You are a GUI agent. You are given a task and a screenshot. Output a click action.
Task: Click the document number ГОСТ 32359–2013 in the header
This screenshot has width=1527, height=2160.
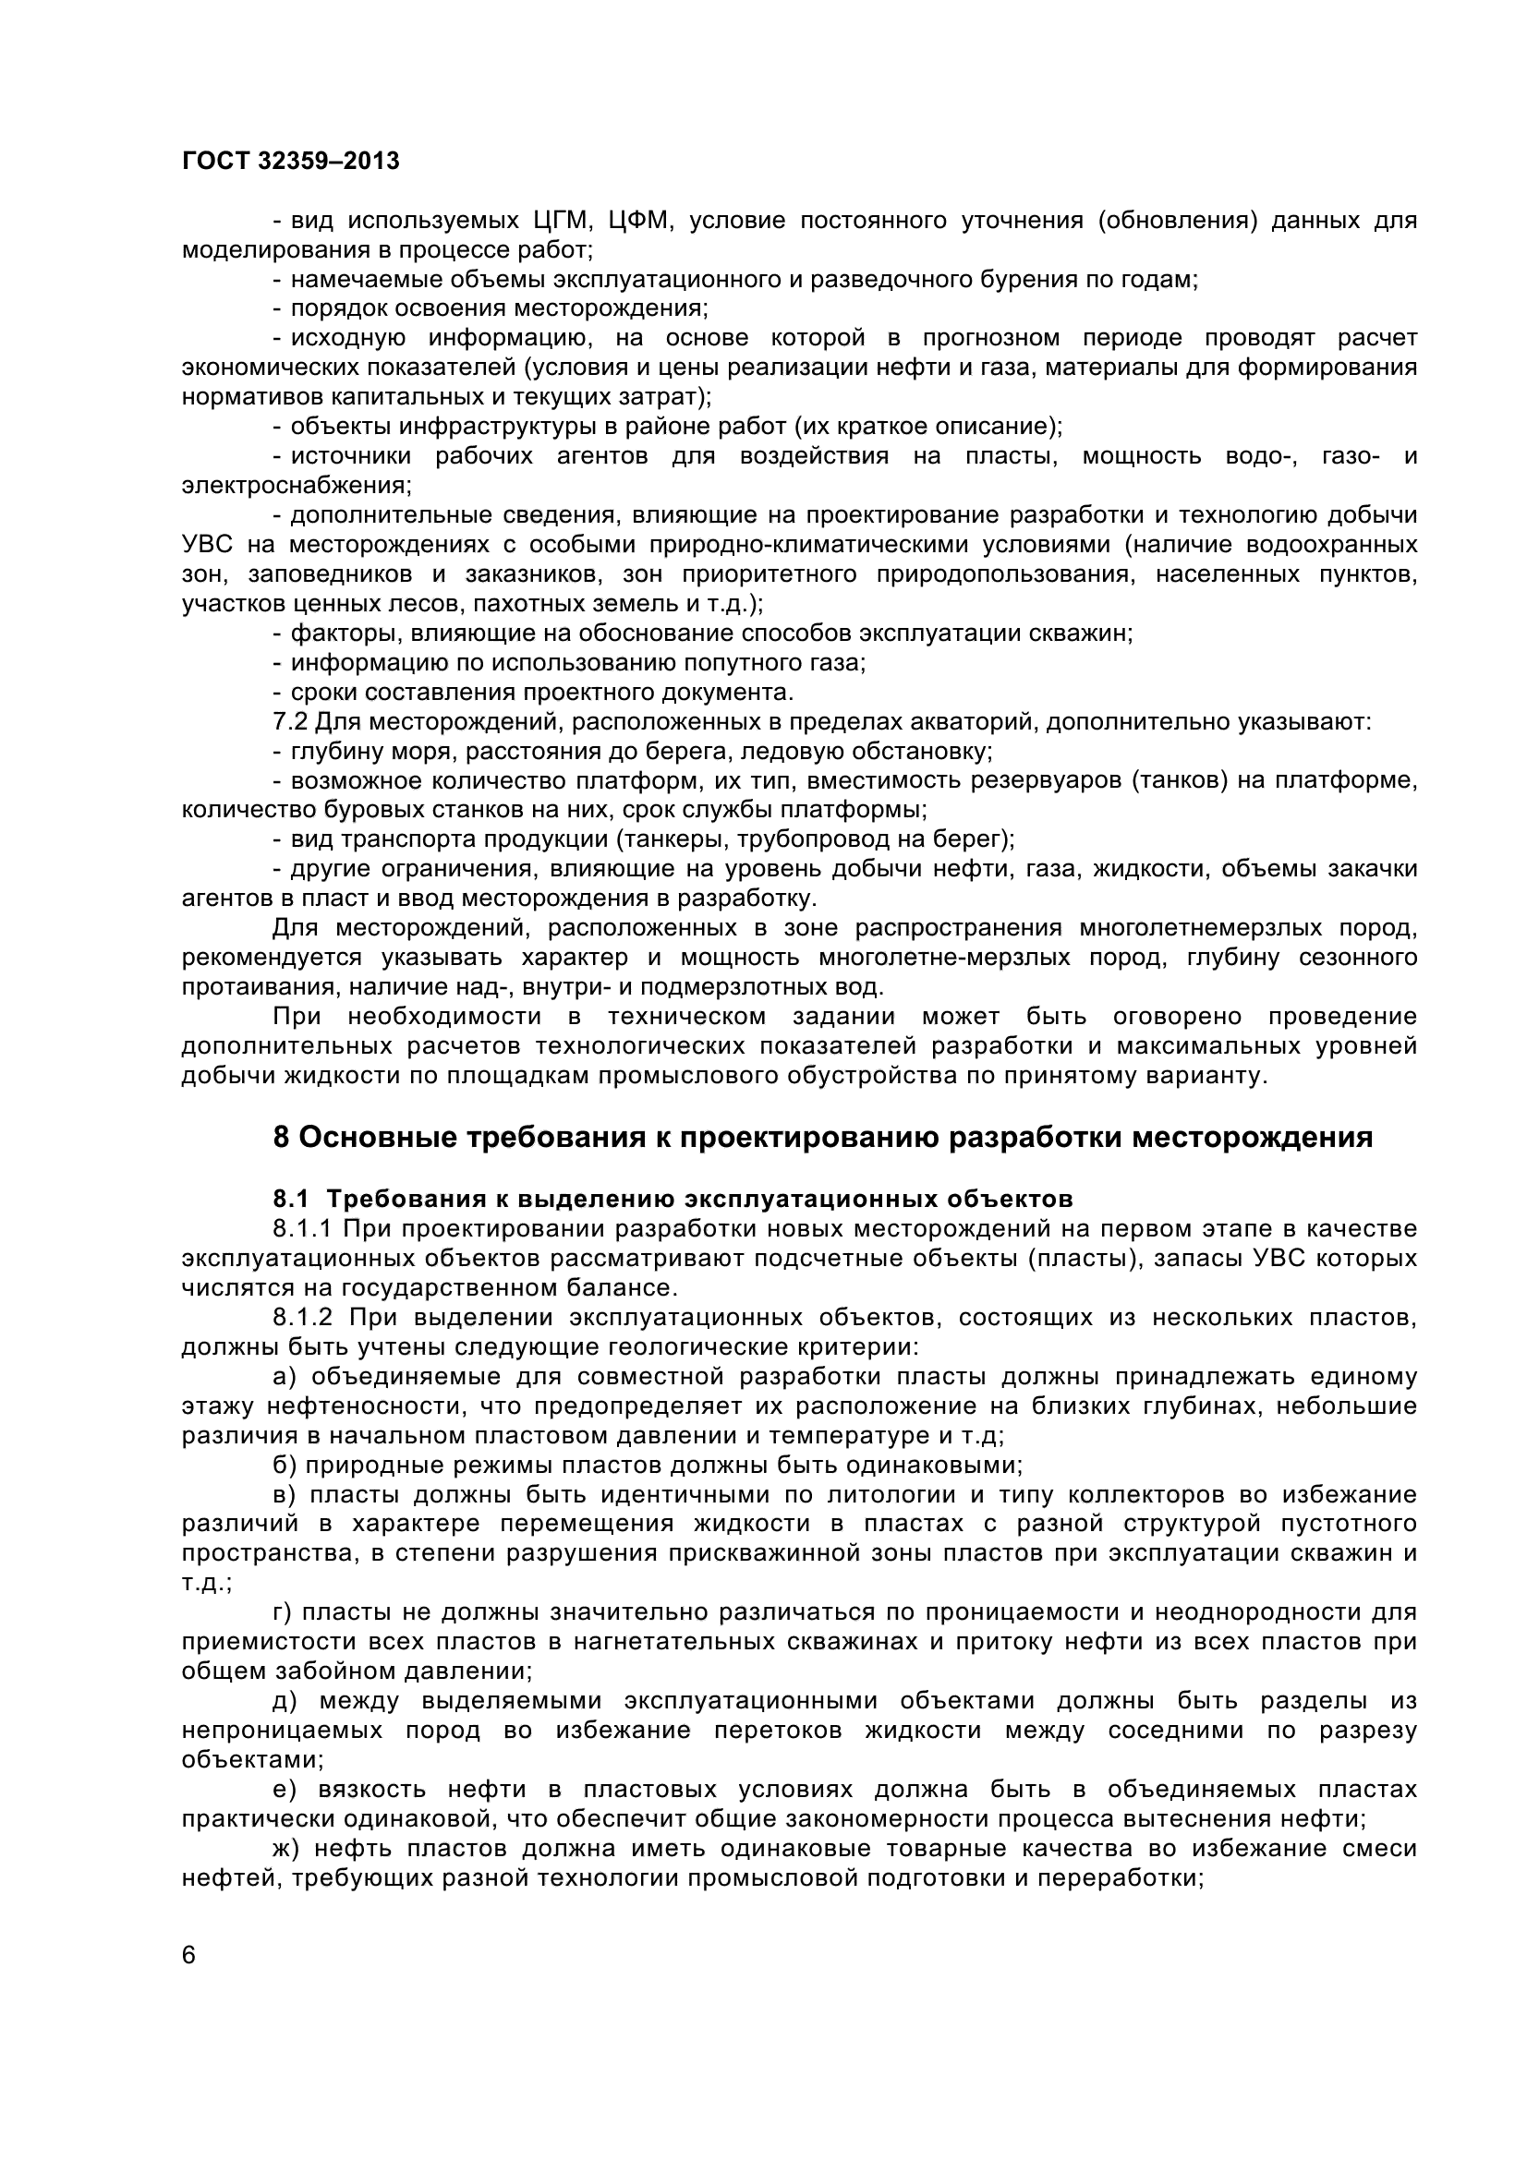(x=291, y=161)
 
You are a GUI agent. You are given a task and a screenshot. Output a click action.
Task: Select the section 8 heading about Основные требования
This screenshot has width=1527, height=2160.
(x=822, y=1138)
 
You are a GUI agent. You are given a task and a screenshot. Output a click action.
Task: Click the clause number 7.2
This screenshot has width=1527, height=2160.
(x=289, y=721)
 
